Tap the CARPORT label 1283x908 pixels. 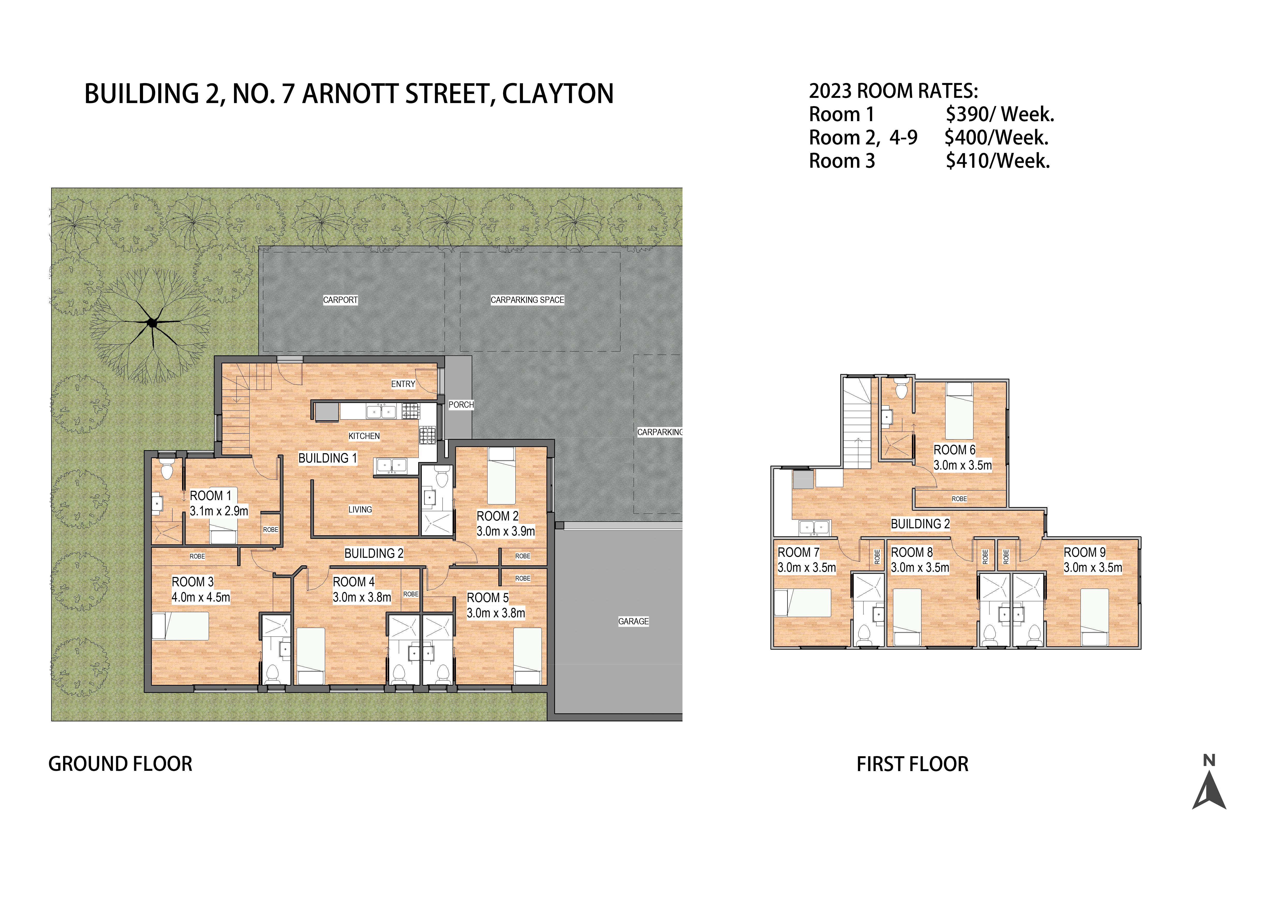tap(340, 300)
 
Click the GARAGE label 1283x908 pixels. tap(633, 621)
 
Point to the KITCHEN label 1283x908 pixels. tap(364, 436)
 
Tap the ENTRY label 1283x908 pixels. tap(403, 384)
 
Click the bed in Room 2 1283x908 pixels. tap(501, 476)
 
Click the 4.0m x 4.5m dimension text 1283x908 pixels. tap(201, 597)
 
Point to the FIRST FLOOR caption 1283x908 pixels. tap(912, 764)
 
